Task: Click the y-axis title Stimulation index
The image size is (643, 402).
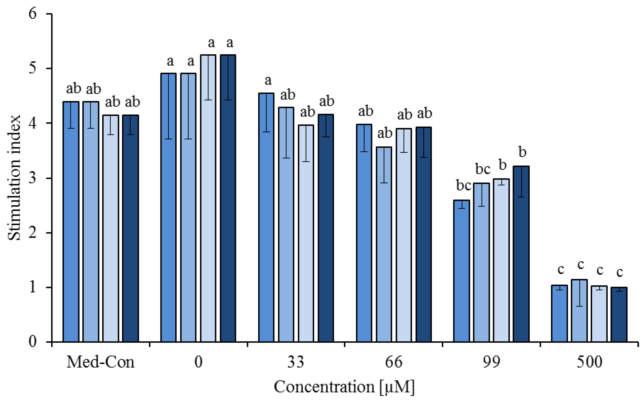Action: (x=14, y=178)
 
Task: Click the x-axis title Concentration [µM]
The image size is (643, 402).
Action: (x=344, y=387)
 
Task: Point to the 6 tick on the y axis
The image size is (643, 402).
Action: (x=32, y=13)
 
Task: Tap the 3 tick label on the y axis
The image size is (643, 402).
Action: (x=32, y=178)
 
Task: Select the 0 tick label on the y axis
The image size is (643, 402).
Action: (x=32, y=341)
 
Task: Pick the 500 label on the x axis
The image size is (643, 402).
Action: (x=589, y=362)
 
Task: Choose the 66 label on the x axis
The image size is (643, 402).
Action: (x=394, y=362)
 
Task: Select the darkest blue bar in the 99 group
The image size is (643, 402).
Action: (x=521, y=255)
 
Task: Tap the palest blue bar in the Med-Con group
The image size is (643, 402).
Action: (x=110, y=229)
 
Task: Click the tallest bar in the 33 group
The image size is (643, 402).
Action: (x=266, y=218)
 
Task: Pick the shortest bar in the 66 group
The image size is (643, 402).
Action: (x=384, y=245)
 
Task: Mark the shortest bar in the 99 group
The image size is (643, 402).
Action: (x=461, y=271)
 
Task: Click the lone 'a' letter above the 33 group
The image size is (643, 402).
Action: (x=268, y=80)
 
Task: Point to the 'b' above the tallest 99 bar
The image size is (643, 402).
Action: (x=522, y=152)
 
